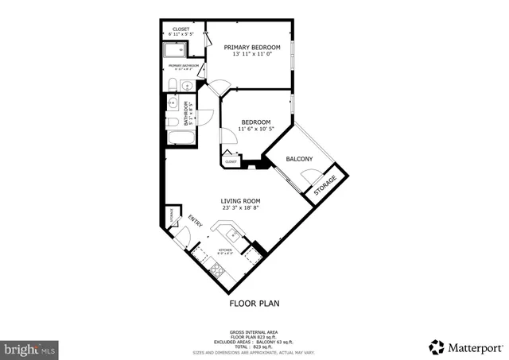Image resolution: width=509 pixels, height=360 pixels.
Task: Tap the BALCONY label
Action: point(299,160)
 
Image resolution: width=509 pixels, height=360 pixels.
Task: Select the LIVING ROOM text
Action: point(241,200)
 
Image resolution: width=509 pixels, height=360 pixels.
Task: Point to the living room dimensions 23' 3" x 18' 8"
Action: point(241,208)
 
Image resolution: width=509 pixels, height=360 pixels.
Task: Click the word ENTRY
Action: point(195,219)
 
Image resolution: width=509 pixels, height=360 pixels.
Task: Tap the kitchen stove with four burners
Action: point(217,267)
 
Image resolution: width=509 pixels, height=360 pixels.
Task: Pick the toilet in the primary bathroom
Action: point(173,85)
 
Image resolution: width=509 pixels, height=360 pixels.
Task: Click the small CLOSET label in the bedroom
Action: point(231,161)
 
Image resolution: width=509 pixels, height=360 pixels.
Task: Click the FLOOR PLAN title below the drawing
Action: point(254,303)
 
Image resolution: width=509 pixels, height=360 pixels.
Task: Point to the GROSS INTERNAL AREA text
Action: point(254,331)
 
